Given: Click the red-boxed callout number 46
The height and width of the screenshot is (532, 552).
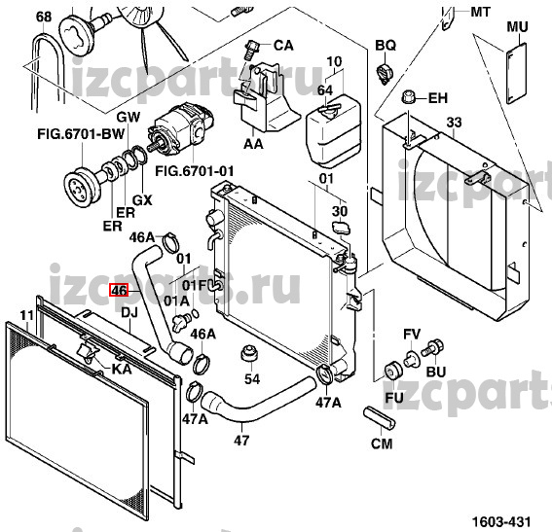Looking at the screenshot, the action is pyautogui.click(x=119, y=291).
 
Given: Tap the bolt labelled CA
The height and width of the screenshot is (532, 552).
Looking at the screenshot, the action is pyautogui.click(x=251, y=51).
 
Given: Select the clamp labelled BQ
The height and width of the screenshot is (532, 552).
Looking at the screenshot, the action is pyautogui.click(x=385, y=73).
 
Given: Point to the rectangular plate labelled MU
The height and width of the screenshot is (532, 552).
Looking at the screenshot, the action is pyautogui.click(x=516, y=74).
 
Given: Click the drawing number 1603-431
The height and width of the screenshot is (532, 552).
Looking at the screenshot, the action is pyautogui.click(x=501, y=522).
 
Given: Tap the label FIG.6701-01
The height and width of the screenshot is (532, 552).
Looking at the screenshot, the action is pyautogui.click(x=195, y=171).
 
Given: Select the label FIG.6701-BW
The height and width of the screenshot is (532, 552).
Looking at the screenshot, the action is pyautogui.click(x=81, y=133).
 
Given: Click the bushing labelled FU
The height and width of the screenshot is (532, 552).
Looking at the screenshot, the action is pyautogui.click(x=392, y=371).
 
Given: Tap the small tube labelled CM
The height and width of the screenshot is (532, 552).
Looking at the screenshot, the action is pyautogui.click(x=379, y=417).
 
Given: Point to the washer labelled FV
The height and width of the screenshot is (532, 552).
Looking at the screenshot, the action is pyautogui.click(x=411, y=358).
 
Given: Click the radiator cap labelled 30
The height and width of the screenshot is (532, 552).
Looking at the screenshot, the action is pyautogui.click(x=341, y=228).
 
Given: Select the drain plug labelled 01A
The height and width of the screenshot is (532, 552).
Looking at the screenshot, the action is pyautogui.click(x=182, y=322).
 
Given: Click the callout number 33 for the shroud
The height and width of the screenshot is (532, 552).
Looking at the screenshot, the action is pyautogui.click(x=454, y=123).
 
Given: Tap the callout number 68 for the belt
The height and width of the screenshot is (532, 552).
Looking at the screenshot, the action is pyautogui.click(x=44, y=17).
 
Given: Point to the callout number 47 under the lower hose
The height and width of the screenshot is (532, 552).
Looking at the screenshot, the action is pyautogui.click(x=241, y=440).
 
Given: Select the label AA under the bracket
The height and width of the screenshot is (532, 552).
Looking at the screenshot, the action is pyautogui.click(x=253, y=144).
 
